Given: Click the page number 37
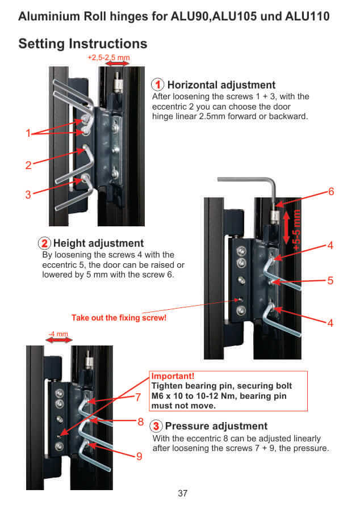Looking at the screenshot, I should pos(182,493).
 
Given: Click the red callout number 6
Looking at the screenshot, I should pos(330,192).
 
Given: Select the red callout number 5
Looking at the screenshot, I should pos(330,281).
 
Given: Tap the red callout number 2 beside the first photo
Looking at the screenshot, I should pos(28,166).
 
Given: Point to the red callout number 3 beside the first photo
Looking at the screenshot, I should pos(28,195).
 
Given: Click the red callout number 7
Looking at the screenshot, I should pos(138,397).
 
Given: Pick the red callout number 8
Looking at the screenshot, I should pos(140,422).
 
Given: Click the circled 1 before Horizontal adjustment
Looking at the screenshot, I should pos(158,85).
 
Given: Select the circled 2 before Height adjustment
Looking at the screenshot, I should pos(44,243).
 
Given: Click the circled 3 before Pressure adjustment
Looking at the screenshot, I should pos(156,426).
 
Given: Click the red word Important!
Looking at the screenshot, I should pos(173,376).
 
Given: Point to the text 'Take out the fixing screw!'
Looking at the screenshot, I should pos(119,318).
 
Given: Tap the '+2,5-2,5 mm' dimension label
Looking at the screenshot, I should pos(109,58).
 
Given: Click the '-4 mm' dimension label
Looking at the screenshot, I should pos(58,333).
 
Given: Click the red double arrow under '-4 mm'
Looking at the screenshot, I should pos(58,340).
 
